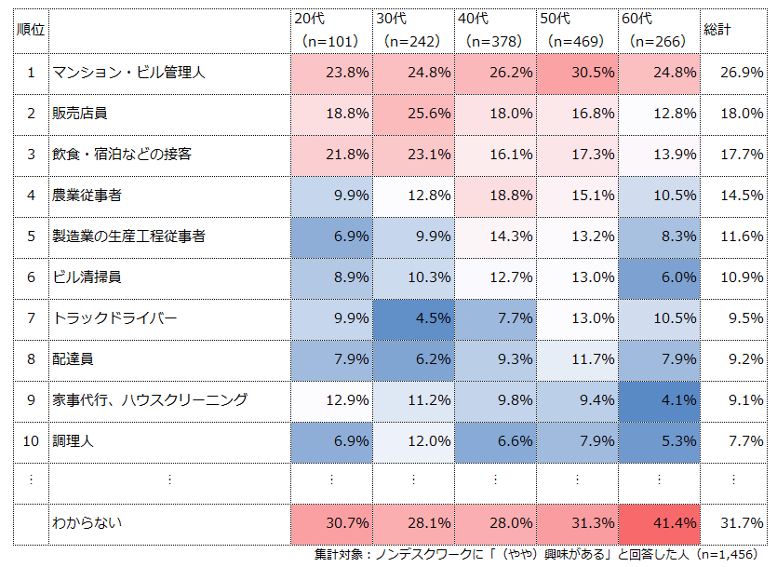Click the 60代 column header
pos(657,30)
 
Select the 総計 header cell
pos(717,30)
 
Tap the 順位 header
pos(31,30)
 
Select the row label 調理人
pos(73,441)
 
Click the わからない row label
pos(87,523)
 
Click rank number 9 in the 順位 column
pos(31,400)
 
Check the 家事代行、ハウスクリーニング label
pos(150,400)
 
